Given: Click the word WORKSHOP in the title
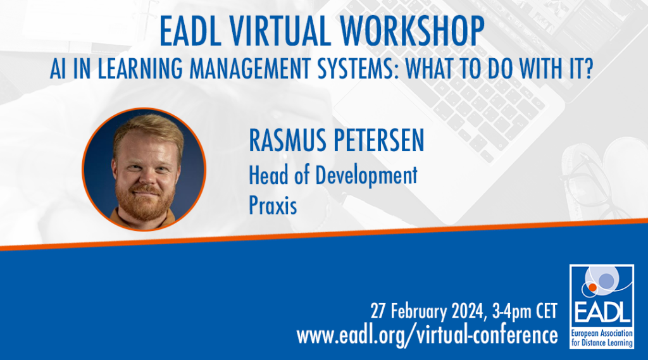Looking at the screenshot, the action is (x=412, y=32).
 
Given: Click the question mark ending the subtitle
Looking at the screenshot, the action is (x=588, y=68).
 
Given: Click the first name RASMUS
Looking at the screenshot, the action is (x=287, y=140).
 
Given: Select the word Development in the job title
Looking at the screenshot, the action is (x=366, y=176).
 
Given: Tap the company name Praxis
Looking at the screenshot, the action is (x=273, y=205).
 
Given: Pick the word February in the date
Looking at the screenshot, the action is (x=419, y=311).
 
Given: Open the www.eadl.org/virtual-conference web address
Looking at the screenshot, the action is (x=427, y=335).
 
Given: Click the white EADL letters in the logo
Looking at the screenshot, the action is (x=601, y=313).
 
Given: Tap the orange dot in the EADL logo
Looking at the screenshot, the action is (x=592, y=287).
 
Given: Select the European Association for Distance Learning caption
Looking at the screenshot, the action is (x=602, y=338).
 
